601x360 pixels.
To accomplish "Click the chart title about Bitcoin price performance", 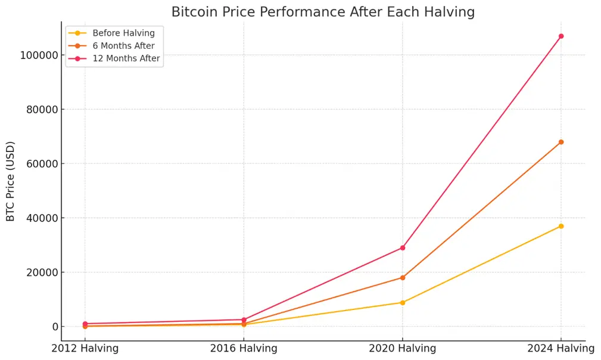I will coord(323,12).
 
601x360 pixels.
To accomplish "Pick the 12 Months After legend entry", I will coord(126,58).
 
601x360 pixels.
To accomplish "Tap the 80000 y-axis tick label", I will coord(42,110).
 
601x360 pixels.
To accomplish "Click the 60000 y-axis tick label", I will coord(42,164).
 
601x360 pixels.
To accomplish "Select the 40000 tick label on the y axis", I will coord(42,218).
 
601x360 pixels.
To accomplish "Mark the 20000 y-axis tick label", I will coord(42,272).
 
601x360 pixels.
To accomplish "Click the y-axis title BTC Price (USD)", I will coord(11,181).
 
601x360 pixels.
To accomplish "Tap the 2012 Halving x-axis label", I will coord(85,348).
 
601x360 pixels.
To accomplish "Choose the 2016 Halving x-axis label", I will coord(244,348).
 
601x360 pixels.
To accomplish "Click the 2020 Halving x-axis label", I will coord(402,348).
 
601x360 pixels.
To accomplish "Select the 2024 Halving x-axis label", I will coord(560,348).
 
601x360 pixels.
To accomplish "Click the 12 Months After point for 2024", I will coord(561,36).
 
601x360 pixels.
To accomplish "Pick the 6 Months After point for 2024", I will coord(561,142).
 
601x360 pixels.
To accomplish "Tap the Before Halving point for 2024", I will coord(561,226).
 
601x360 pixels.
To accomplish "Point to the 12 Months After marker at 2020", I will coord(403,247).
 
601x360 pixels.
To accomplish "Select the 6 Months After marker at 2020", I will coord(403,278).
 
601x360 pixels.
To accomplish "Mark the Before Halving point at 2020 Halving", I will coord(403,303).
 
